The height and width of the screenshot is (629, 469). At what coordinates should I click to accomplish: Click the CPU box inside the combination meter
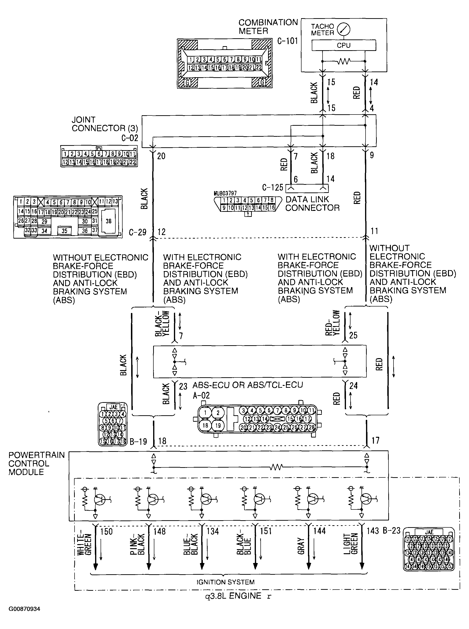[344, 45]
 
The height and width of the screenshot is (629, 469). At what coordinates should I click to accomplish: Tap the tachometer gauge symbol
[344, 29]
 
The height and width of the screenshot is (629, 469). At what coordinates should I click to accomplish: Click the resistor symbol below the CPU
[344, 61]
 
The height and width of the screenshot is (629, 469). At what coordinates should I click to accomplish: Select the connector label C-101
[287, 41]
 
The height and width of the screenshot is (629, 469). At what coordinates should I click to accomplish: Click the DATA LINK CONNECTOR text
[312, 204]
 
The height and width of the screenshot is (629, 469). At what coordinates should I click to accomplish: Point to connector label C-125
[273, 187]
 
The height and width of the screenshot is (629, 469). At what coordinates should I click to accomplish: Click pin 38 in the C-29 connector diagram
[108, 221]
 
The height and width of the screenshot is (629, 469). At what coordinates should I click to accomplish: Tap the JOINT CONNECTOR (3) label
[104, 124]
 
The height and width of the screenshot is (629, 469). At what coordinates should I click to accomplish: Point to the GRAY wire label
[301, 546]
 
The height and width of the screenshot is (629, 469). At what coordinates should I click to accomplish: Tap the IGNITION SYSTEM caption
[225, 582]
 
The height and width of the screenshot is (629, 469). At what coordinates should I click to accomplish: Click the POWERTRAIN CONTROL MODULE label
[36, 463]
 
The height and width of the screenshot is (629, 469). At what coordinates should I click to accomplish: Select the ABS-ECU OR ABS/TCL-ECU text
[248, 385]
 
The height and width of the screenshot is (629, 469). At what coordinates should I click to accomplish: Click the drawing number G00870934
[24, 609]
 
